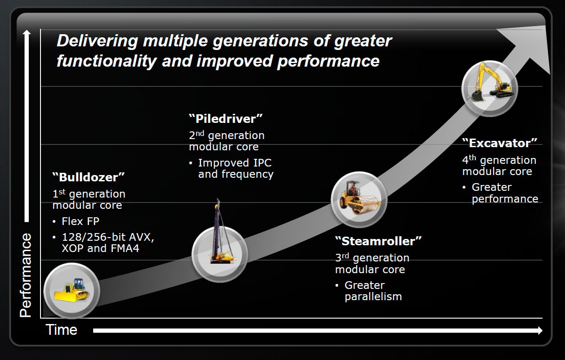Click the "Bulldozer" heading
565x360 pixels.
click(x=88, y=177)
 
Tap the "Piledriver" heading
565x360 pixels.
click(x=226, y=118)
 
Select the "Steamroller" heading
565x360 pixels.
click(x=378, y=241)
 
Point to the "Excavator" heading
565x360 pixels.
click(x=500, y=143)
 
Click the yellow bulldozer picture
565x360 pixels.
click(x=72, y=290)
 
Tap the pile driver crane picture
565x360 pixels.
click(x=222, y=232)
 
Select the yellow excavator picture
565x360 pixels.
click(x=491, y=82)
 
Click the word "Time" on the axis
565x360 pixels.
click(x=61, y=330)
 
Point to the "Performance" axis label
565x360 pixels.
click(x=26, y=275)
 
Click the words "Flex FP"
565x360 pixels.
click(x=81, y=221)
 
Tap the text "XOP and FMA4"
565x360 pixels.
click(x=100, y=248)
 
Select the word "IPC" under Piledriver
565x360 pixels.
click(x=262, y=163)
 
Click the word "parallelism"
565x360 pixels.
click(x=373, y=297)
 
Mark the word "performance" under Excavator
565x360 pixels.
click(x=505, y=199)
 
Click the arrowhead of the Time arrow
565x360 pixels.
click(x=540, y=330)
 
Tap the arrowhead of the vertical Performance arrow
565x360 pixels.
click(x=27, y=33)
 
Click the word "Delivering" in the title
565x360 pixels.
click(x=97, y=41)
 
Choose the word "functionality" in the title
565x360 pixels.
click(x=107, y=61)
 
